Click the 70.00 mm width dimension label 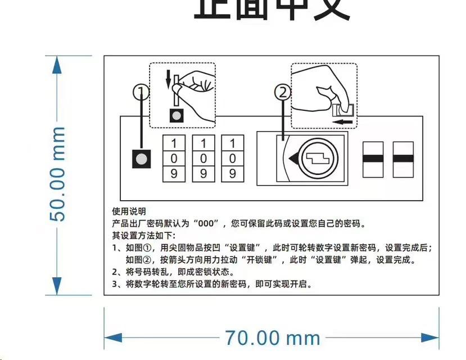(273, 337)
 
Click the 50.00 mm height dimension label (57, 174)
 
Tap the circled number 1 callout (141, 92)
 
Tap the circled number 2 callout (283, 92)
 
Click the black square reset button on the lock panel (142, 159)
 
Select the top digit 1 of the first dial (174, 143)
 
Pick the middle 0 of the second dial (203, 159)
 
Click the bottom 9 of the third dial (232, 174)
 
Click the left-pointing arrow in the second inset (342, 121)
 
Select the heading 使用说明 (129, 211)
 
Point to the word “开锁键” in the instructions (257, 260)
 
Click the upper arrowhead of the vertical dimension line (56, 64)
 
